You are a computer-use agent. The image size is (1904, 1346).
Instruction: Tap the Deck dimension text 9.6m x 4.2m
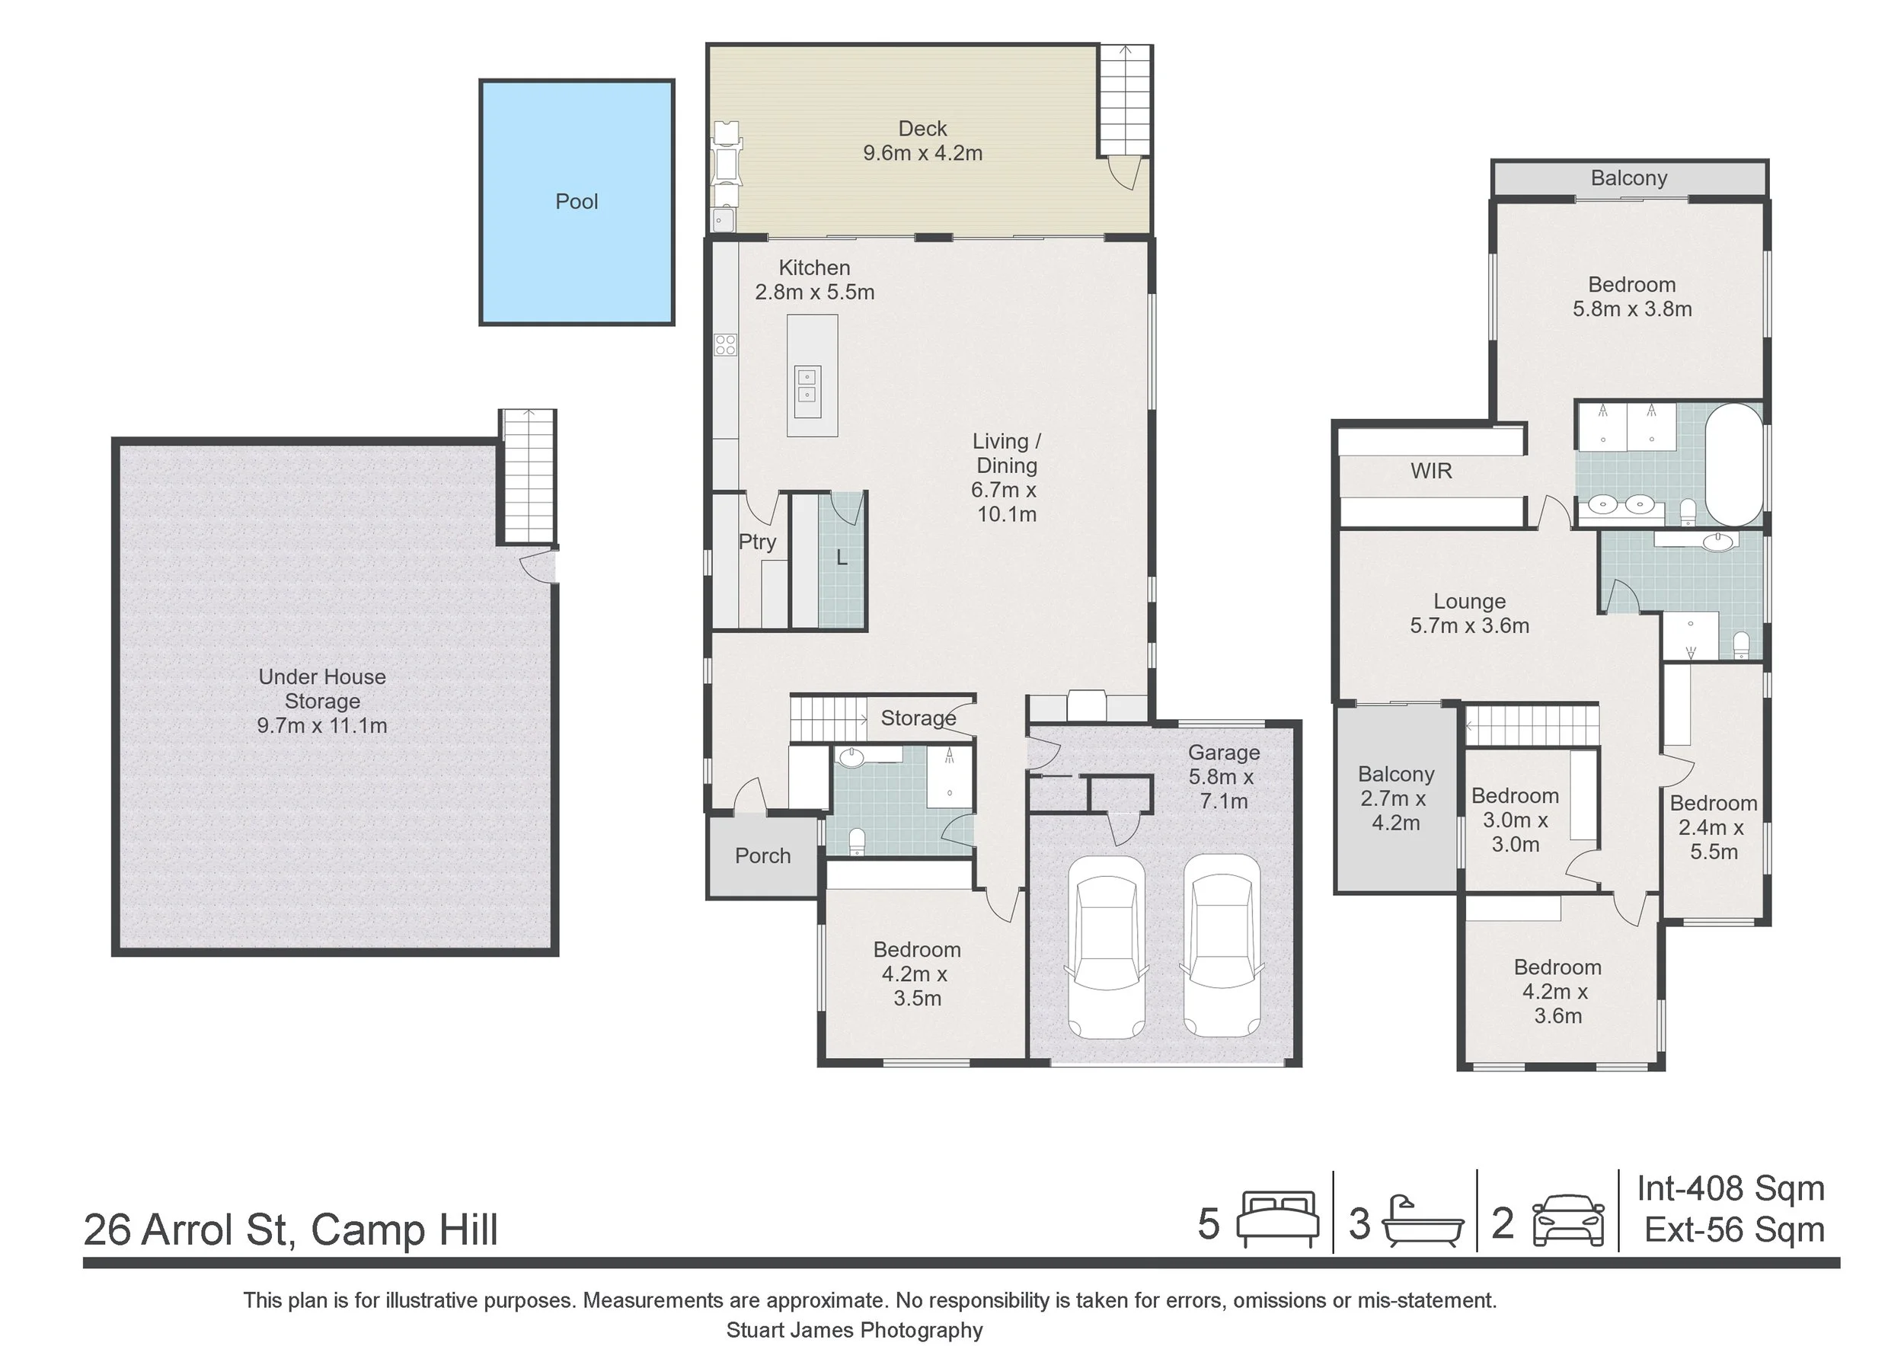coord(922,153)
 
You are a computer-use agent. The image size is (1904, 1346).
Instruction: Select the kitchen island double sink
coord(807,386)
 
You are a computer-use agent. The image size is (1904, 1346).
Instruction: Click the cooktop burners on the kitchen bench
coord(726,344)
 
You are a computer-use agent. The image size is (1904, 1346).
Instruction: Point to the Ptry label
coord(757,542)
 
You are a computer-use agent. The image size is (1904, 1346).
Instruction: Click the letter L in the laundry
coord(842,558)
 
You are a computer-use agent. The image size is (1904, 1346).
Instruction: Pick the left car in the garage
coord(1107,947)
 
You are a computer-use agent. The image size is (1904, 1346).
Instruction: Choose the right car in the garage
coord(1221,947)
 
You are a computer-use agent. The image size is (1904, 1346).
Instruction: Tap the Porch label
coord(762,856)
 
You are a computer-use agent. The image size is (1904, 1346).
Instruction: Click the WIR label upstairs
coord(1430,471)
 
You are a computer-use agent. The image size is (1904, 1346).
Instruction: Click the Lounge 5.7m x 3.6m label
coord(1469,614)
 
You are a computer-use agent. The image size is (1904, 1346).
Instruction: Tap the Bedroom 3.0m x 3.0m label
coord(1515,820)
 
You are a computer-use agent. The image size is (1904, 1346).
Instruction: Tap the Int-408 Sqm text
coord(1730,1188)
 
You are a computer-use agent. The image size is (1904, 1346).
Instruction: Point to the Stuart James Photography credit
coord(855,1330)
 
